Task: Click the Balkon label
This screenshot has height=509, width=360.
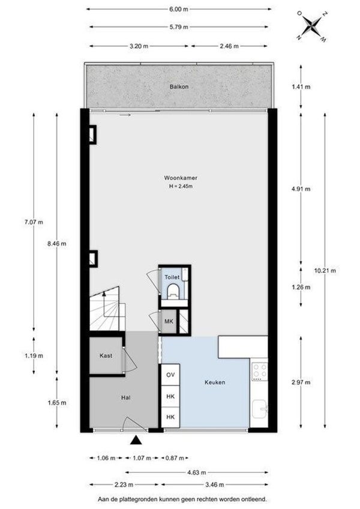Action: click(x=179, y=86)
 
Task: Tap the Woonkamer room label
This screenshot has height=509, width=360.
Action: click(x=181, y=178)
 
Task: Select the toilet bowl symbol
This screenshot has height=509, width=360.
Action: click(x=173, y=291)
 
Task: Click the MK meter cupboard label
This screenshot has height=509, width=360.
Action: click(x=169, y=322)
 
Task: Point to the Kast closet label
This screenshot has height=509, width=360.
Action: click(x=106, y=355)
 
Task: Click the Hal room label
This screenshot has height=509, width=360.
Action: click(x=125, y=397)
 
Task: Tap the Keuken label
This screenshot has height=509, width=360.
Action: click(x=215, y=382)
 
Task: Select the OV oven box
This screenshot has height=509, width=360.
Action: click(x=170, y=375)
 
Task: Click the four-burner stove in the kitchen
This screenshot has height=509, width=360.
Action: click(x=260, y=372)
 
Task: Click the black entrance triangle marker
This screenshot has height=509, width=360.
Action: click(x=136, y=440)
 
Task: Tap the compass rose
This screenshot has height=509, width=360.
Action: click(x=312, y=26)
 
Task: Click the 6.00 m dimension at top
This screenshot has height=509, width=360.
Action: click(x=179, y=9)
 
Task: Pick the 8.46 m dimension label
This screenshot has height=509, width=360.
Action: click(x=57, y=244)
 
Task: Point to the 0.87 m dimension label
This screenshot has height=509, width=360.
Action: click(x=175, y=458)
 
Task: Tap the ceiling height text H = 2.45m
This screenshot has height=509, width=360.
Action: click(x=181, y=186)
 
